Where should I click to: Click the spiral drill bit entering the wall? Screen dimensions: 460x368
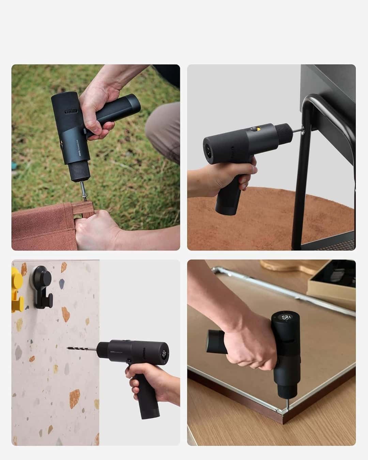click(82, 348)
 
